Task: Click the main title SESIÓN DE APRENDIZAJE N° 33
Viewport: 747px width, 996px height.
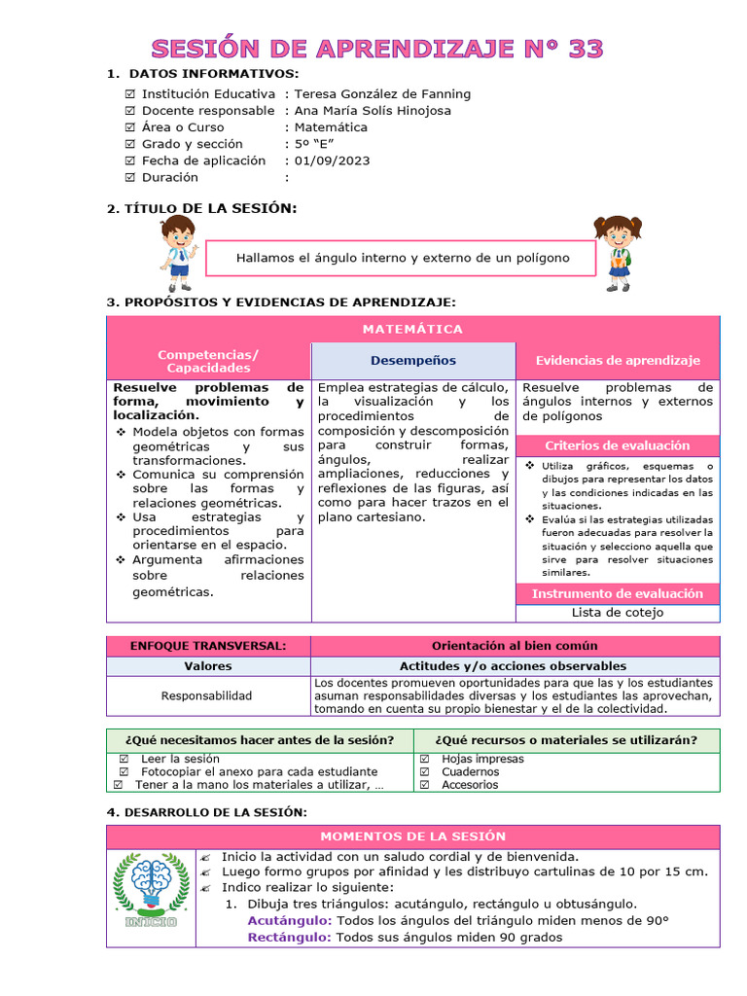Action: [x=376, y=49]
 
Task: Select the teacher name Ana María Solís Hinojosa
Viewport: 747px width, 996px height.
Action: [x=373, y=111]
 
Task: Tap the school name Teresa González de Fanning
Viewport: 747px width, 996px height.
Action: [x=382, y=94]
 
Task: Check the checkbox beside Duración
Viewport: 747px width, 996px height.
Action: [x=130, y=178]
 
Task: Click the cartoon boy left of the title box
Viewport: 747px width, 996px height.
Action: [x=178, y=253]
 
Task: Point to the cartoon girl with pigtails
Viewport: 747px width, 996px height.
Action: [x=617, y=253]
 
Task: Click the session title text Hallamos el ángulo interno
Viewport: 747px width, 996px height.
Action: [x=402, y=258]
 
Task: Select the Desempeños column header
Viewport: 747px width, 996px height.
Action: [x=412, y=361]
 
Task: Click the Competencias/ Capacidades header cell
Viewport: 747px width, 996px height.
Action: [x=208, y=361]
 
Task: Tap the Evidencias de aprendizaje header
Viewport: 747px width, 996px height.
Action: [x=618, y=361]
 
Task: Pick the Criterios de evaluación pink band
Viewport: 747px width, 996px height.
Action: [x=618, y=445]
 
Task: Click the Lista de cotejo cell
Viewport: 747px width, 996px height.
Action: [x=618, y=613]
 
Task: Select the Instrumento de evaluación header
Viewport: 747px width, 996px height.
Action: [x=618, y=593]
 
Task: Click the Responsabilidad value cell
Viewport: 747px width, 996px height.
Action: [x=206, y=695]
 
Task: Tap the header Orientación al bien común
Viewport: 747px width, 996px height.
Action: [x=515, y=646]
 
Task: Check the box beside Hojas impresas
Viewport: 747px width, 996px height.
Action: [x=425, y=760]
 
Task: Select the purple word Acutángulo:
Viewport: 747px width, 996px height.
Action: [x=290, y=921]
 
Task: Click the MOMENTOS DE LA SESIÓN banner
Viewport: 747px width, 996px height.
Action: [x=413, y=836]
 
